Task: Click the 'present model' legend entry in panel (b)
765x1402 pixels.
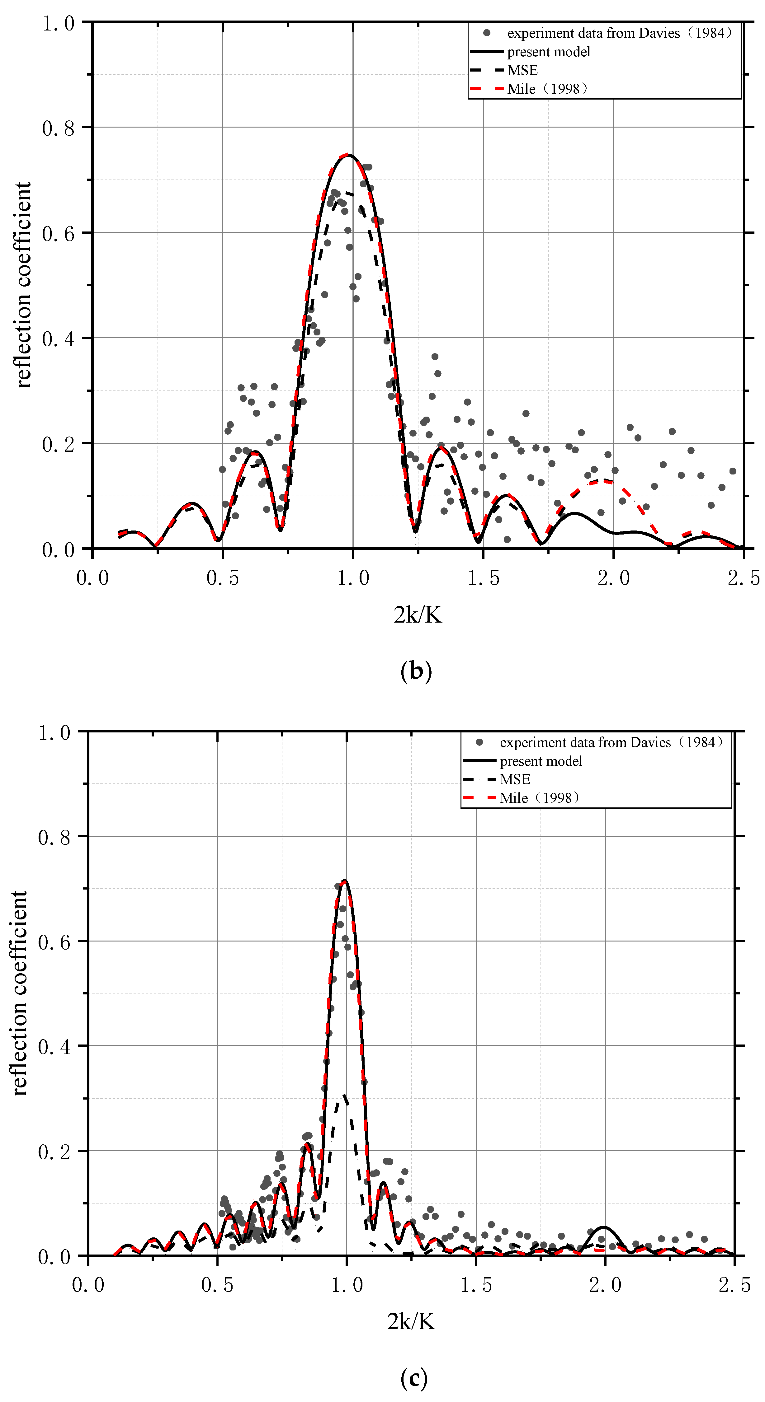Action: (x=548, y=52)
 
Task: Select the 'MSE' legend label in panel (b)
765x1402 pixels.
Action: (x=522, y=70)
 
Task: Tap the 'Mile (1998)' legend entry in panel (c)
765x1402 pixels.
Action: (x=539, y=798)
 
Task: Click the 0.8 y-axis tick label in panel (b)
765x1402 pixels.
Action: (x=58, y=129)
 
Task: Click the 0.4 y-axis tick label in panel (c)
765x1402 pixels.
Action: (x=54, y=1046)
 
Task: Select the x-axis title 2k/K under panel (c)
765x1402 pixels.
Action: (x=411, y=1321)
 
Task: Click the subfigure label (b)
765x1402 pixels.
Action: (x=416, y=671)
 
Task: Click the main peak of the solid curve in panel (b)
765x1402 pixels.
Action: (x=347, y=155)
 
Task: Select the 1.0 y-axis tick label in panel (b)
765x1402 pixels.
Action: (x=58, y=23)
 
